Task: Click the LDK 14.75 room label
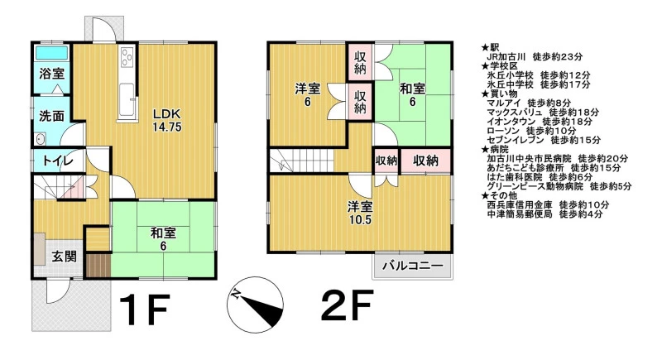point(167,120)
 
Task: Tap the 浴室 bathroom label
point(51,74)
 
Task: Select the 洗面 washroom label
point(51,116)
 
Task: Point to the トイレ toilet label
point(58,161)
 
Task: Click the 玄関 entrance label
point(65,257)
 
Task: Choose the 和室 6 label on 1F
point(163,239)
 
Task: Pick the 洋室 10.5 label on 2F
point(360,214)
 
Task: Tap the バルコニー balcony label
point(413,266)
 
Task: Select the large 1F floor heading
point(144,309)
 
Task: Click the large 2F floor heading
point(347,305)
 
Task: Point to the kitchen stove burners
point(127,57)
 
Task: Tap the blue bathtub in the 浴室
point(51,53)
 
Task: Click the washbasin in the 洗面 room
point(41,138)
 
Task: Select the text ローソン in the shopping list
point(503,131)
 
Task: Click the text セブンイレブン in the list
point(515,140)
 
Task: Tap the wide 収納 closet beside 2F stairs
point(425,161)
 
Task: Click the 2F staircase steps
point(302,161)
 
